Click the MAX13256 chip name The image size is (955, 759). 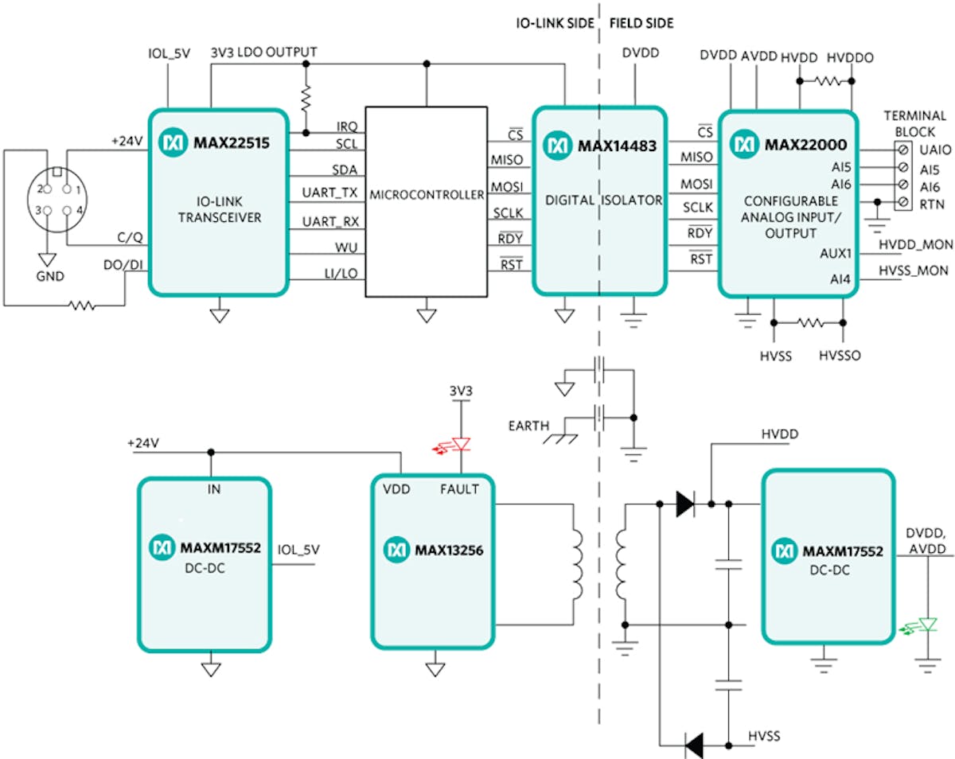tap(446, 549)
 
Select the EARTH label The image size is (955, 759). tap(528, 426)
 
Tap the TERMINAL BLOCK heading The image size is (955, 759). tap(915, 123)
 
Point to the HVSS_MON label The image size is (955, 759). tap(913, 271)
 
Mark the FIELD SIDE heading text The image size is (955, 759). tap(641, 23)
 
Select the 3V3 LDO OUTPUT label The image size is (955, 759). tap(264, 53)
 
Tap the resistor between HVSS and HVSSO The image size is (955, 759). tap(809, 323)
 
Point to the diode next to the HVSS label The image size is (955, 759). tap(694, 745)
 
